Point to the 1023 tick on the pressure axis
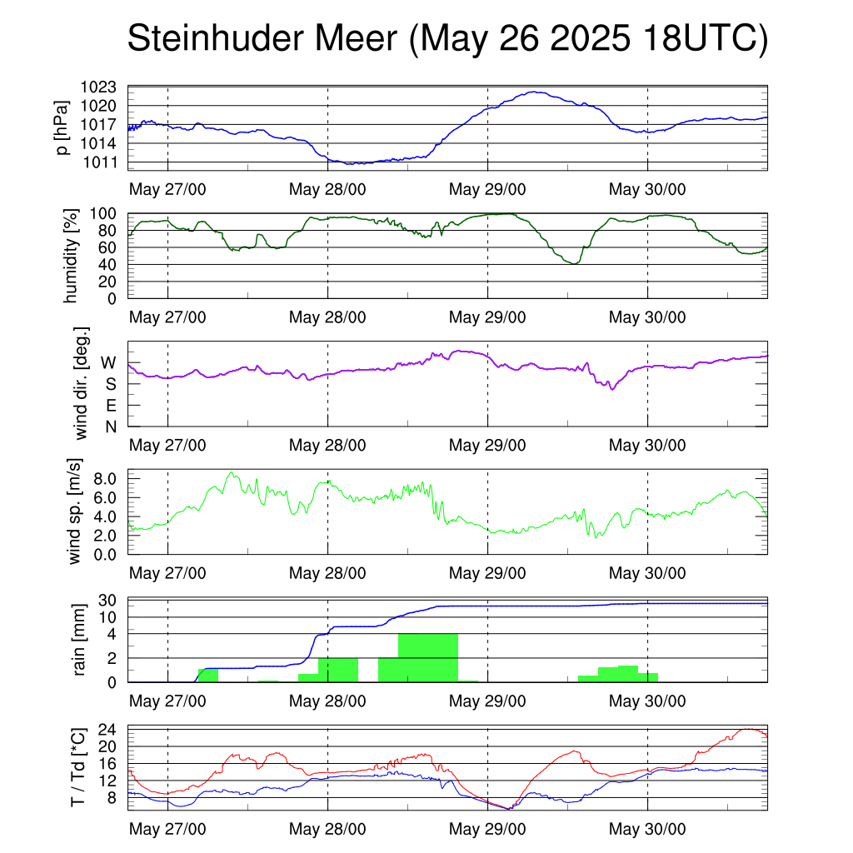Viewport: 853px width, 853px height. (98, 87)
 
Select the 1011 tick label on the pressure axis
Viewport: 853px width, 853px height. (100, 162)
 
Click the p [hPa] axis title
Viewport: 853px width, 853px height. (62, 127)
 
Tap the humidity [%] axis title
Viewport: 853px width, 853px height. (71, 256)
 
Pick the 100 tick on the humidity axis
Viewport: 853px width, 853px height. (103, 213)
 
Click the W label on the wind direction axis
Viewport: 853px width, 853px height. (109, 363)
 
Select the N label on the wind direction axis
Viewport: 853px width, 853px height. (111, 427)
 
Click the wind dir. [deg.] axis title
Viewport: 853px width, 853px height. (81, 383)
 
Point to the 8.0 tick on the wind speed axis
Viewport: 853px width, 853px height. (105, 479)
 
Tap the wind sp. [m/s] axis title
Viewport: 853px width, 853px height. (73, 511)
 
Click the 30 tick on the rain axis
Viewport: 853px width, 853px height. (107, 600)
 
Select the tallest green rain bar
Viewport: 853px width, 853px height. (428, 658)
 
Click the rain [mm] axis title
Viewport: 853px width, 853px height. (79, 639)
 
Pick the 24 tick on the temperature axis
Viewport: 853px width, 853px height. (107, 730)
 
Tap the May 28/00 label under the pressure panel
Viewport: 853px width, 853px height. (327, 189)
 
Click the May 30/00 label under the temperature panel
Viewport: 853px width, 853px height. (647, 829)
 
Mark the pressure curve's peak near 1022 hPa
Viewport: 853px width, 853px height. (536, 92)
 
